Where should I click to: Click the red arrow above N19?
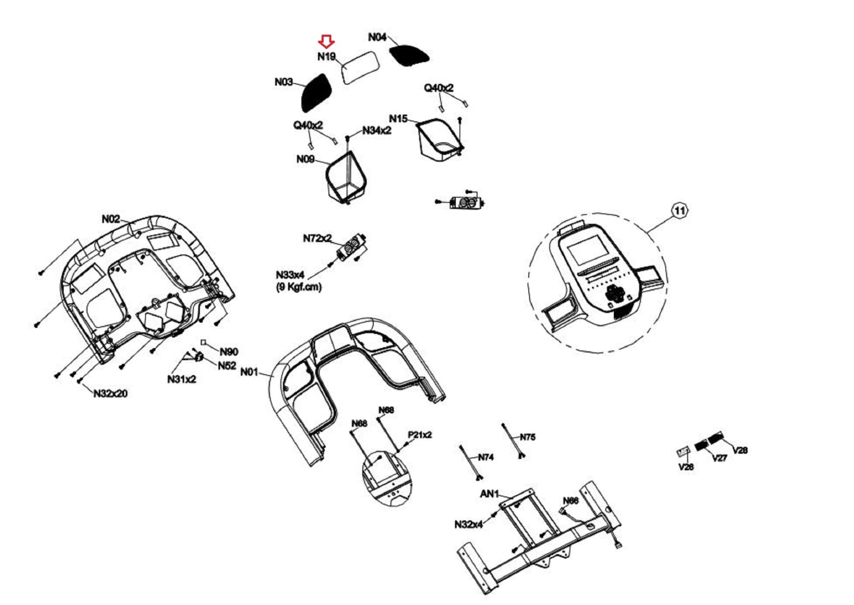326,41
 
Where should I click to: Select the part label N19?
327,56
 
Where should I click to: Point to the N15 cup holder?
440,140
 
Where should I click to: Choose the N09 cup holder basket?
346,177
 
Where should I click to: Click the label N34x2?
377,131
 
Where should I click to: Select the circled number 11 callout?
680,210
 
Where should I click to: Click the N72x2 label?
317,238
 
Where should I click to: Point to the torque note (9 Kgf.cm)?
299,287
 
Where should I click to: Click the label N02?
111,219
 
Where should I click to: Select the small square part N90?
203,343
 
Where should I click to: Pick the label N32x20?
111,393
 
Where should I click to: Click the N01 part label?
249,372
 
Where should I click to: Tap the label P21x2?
419,435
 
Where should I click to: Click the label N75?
527,437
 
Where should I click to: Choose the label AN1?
489,494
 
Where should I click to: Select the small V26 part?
683,452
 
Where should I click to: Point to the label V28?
740,450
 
